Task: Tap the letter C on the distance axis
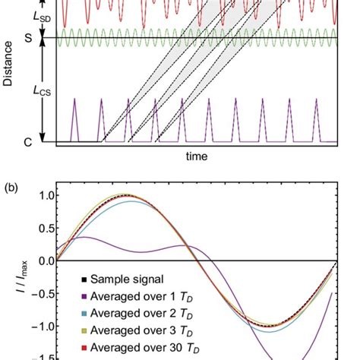click(28, 141)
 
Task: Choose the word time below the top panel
click(196, 156)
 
